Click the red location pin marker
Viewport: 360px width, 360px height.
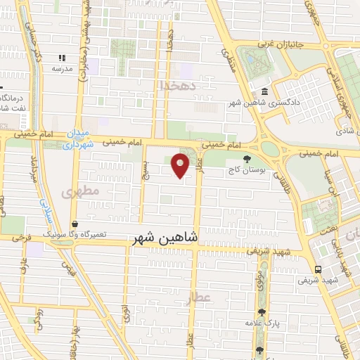click(181, 166)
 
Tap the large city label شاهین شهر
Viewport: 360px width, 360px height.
click(166, 238)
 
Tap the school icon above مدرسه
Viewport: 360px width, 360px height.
click(62, 58)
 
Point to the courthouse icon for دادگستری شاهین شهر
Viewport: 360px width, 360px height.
click(264, 92)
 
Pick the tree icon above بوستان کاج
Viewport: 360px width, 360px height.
click(245, 159)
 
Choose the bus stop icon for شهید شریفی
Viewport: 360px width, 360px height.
click(318, 269)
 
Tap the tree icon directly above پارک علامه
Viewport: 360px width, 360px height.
click(262, 312)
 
